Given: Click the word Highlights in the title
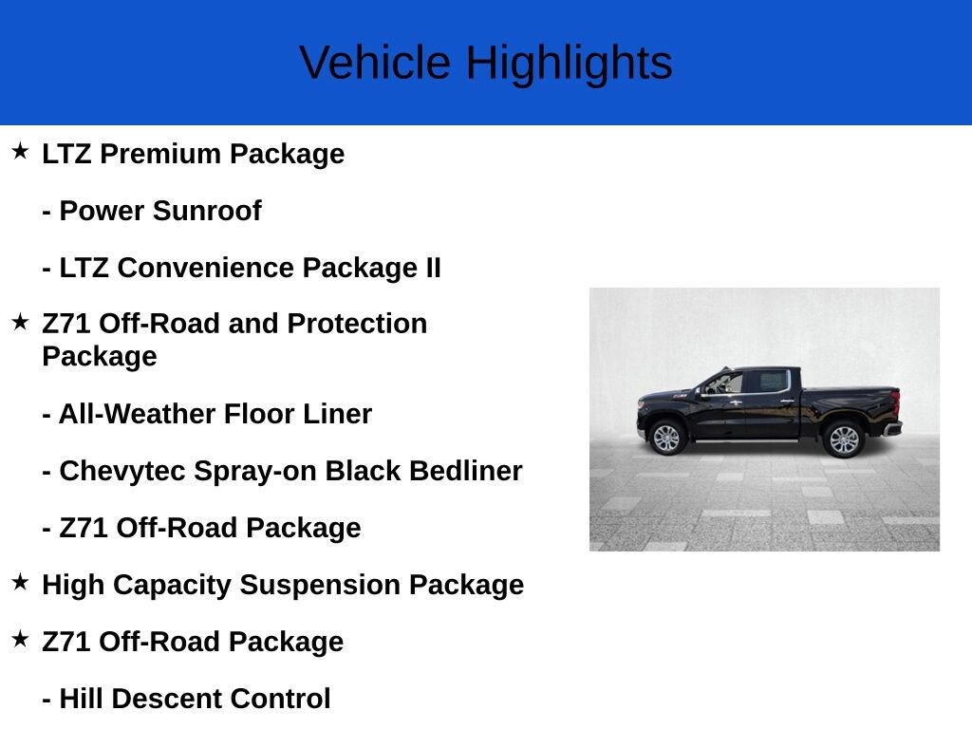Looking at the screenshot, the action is pyautogui.click(x=570, y=64).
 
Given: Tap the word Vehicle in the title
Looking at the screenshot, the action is pyautogui.click(x=375, y=63).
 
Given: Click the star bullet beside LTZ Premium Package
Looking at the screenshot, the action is pyautogui.click(x=20, y=151).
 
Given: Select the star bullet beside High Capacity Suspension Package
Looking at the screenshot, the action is pyautogui.click(x=20, y=582).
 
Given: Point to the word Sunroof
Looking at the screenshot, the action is pyautogui.click(x=207, y=211).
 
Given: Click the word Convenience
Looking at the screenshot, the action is pyautogui.click(x=206, y=268).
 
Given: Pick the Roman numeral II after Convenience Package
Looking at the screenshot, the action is pyautogui.click(x=433, y=268).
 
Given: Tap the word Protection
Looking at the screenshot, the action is pyautogui.click(x=357, y=324).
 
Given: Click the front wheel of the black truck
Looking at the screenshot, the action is pyautogui.click(x=666, y=438).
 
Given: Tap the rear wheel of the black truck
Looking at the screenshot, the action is pyautogui.click(x=843, y=439).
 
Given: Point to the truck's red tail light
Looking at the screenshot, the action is pyautogui.click(x=895, y=402).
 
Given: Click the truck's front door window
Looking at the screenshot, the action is pyautogui.click(x=726, y=383).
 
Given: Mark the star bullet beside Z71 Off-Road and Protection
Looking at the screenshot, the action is pyautogui.click(x=20, y=321).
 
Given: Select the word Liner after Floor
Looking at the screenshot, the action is pyautogui.click(x=337, y=414).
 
